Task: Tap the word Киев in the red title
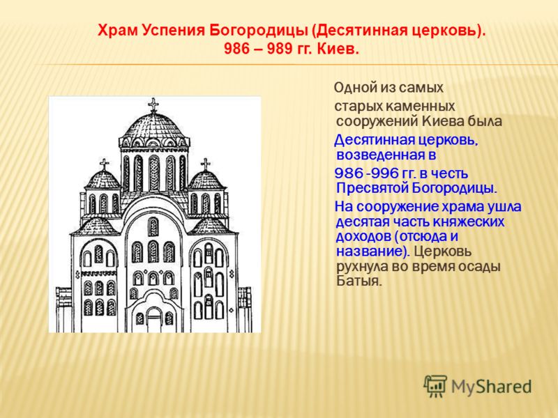[338, 49]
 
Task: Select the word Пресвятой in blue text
[372, 188]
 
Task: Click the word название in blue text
[372, 251]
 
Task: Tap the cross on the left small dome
[104, 164]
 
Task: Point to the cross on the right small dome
[205, 164]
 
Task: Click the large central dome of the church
[153, 126]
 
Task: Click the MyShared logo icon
[435, 386]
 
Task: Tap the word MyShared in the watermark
[492, 387]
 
